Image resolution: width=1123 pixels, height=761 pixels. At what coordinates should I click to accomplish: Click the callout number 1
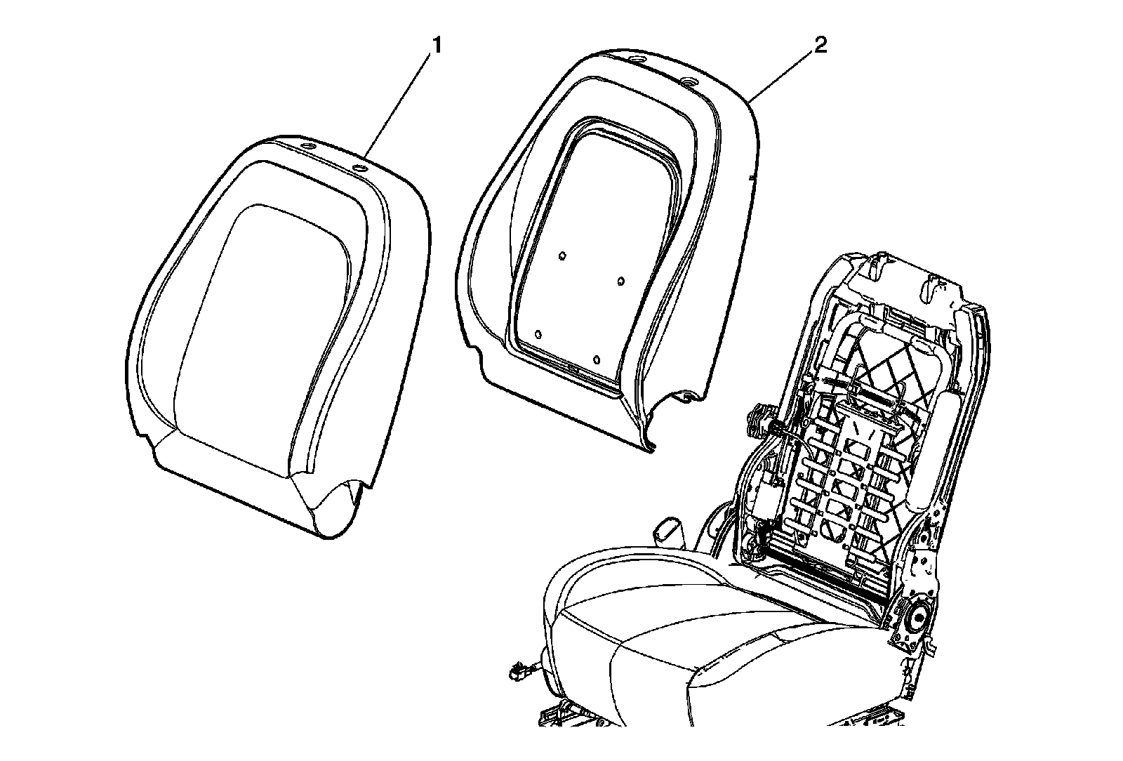point(437,46)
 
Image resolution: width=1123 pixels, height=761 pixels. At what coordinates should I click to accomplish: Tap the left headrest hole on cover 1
point(307,145)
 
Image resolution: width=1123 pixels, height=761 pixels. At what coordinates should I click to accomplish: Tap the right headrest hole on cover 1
point(360,168)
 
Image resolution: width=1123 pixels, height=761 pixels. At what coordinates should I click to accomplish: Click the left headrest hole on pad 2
point(636,59)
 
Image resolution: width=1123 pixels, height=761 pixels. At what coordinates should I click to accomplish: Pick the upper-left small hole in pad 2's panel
point(562,256)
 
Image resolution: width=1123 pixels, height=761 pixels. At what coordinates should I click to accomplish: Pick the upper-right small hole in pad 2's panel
point(620,282)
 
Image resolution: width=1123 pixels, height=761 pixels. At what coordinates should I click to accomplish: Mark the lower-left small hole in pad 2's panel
point(538,334)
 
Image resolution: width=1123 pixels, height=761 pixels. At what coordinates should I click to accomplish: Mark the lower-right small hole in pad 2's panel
point(596,360)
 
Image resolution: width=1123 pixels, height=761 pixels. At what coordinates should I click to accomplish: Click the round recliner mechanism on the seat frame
point(917,618)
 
